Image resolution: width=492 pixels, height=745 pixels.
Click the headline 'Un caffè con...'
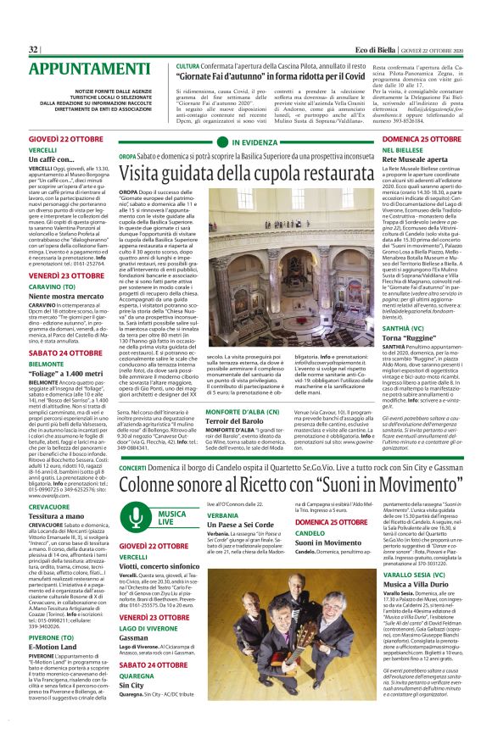(51, 158)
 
